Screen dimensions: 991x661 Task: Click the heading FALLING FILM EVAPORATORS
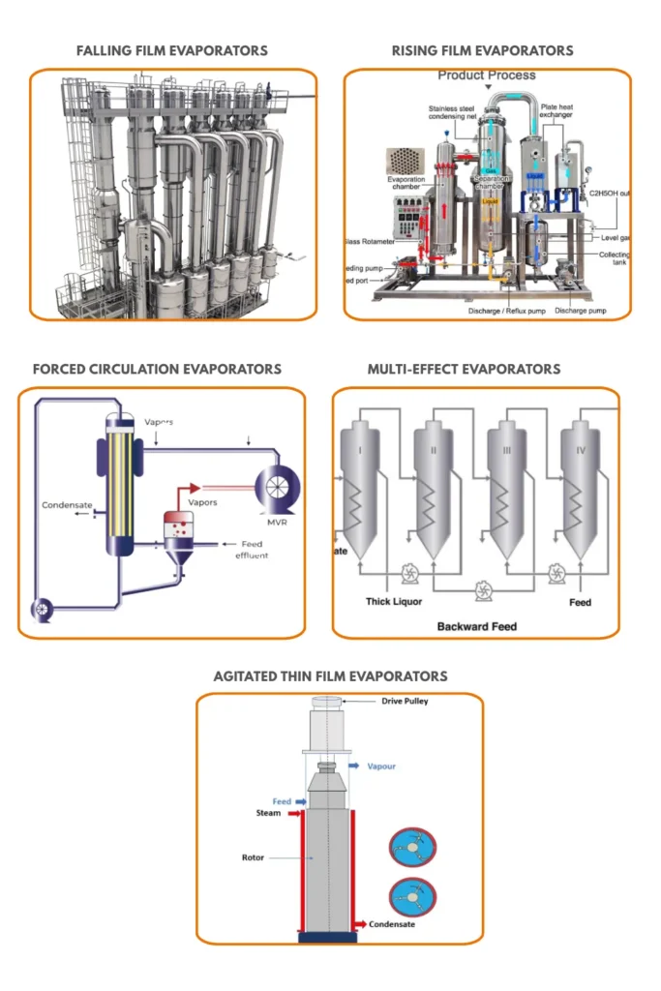tap(172, 50)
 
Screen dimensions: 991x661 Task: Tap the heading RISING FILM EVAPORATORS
tap(482, 50)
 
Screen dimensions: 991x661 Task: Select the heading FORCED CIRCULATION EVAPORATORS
tap(157, 369)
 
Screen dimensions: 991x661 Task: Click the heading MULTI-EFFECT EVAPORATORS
tap(464, 369)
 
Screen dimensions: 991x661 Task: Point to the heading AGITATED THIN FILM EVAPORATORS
tap(330, 676)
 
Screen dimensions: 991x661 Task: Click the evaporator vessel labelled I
tap(358, 484)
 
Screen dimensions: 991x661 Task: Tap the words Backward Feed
tap(476, 626)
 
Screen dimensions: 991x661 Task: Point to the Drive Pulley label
tap(405, 701)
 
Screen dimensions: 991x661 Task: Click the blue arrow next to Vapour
tap(355, 766)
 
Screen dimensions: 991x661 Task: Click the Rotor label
tap(253, 857)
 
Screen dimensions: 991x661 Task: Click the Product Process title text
tap(486, 75)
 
